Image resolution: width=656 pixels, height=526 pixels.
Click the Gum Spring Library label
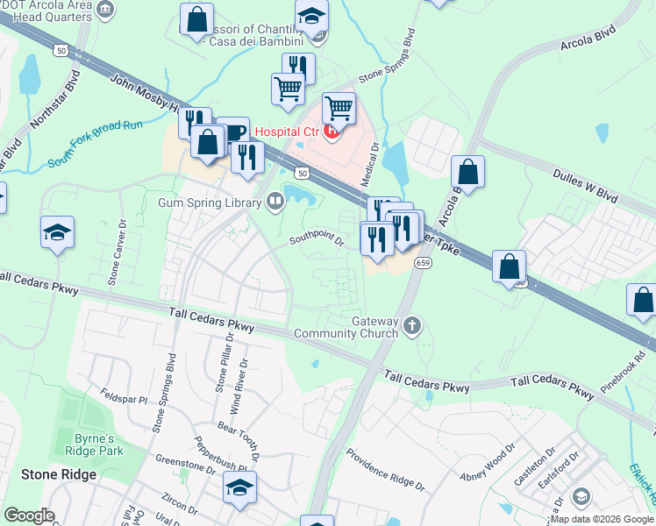[210, 203]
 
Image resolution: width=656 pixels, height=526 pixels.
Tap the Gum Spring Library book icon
[276, 203]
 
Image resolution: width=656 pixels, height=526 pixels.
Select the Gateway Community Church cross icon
[413, 328]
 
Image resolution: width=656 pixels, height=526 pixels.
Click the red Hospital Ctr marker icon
[332, 132]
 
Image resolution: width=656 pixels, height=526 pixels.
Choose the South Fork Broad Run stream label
[95, 145]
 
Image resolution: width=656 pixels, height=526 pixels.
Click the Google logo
[29, 515]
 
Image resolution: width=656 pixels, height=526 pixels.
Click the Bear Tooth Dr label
[239, 443]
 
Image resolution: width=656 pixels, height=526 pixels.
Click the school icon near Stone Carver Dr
[57, 233]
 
